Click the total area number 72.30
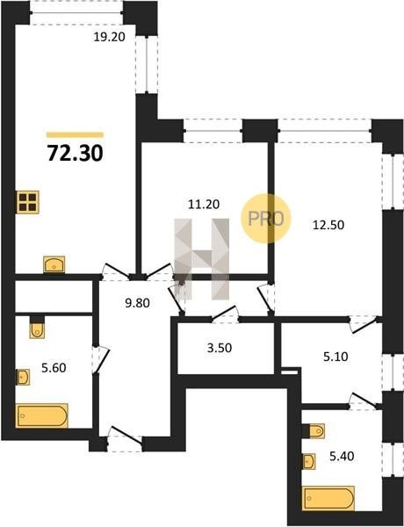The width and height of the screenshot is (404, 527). coord(75,153)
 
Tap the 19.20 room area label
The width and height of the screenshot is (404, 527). coord(109,37)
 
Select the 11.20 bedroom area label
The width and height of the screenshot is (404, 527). coord(204,204)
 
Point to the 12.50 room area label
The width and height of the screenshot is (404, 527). coord(328,225)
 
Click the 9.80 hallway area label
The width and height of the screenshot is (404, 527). coord(137,303)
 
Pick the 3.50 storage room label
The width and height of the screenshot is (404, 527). coord(220,348)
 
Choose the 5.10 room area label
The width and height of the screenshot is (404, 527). coord(335,357)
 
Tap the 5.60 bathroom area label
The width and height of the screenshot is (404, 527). coord(54,368)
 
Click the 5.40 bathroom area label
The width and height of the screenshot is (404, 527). coord(342,456)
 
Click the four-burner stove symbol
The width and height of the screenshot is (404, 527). coord(27,202)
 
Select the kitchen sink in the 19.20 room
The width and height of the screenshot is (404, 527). coord(54,264)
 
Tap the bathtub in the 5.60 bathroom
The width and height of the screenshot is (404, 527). coord(42,415)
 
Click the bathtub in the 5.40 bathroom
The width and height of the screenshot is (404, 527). coord(328,498)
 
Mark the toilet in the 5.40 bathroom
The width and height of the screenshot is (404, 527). coord(314,431)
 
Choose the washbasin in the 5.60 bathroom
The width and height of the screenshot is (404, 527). coord(23,377)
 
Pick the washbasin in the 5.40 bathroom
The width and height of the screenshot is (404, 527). coord(309,461)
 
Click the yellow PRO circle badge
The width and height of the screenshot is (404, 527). coord(265,219)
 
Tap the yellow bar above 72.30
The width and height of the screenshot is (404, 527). coord(75,134)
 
